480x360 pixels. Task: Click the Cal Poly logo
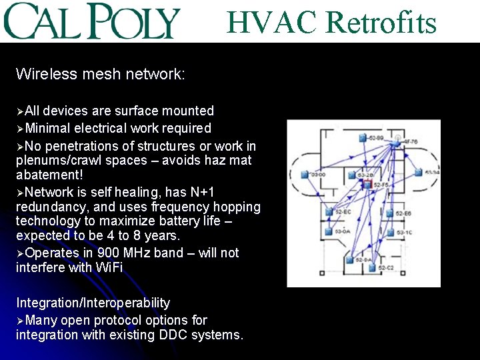click(93, 21)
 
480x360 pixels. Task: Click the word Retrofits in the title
click(381, 23)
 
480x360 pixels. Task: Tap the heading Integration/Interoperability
click(93, 303)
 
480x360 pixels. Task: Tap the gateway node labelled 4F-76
click(397, 141)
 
